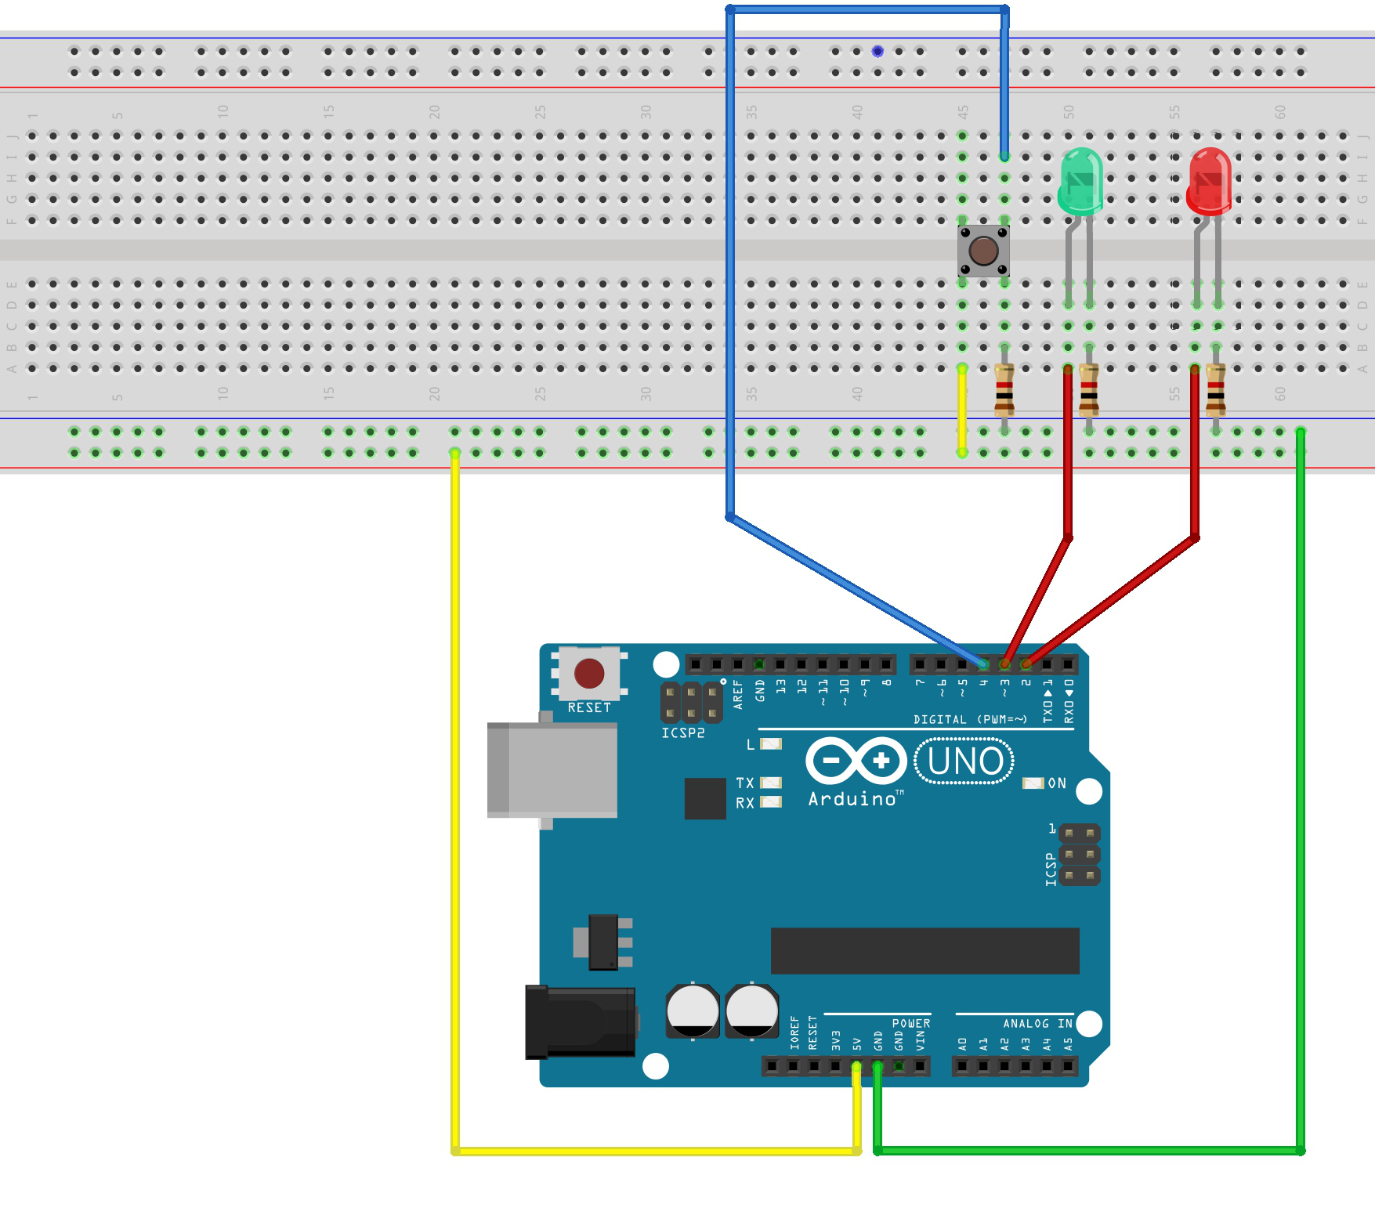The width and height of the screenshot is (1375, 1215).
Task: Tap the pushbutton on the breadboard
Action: pyautogui.click(x=983, y=251)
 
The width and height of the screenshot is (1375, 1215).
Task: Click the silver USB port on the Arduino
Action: pyautogui.click(x=552, y=770)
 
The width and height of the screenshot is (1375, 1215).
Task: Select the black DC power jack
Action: pyautogui.click(x=580, y=1022)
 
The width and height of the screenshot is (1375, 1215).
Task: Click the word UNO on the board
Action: pyautogui.click(x=964, y=761)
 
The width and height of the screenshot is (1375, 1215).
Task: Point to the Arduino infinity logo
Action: pyautogui.click(x=856, y=761)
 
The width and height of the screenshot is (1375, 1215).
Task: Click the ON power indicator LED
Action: pyautogui.click(x=1033, y=783)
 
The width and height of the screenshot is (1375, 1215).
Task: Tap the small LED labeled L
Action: pyautogui.click(x=771, y=744)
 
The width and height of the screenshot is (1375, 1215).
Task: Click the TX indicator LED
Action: pyautogui.click(x=771, y=783)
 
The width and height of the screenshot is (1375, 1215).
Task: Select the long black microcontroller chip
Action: pyautogui.click(x=925, y=951)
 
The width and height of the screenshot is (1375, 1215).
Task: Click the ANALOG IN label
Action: pyautogui.click(x=1037, y=1024)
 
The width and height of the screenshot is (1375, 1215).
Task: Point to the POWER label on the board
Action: pyautogui.click(x=911, y=1024)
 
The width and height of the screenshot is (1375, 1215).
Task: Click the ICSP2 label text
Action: pyautogui.click(x=682, y=733)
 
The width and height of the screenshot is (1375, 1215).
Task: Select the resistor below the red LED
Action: pyautogui.click(x=1215, y=389)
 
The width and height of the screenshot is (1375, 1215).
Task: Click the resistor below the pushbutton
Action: pyautogui.click(x=1004, y=389)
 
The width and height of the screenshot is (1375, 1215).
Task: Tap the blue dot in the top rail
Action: pyautogui.click(x=877, y=51)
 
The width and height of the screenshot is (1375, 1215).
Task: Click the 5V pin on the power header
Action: pyautogui.click(x=856, y=1066)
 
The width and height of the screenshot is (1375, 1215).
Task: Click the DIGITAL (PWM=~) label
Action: pyautogui.click(x=969, y=719)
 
